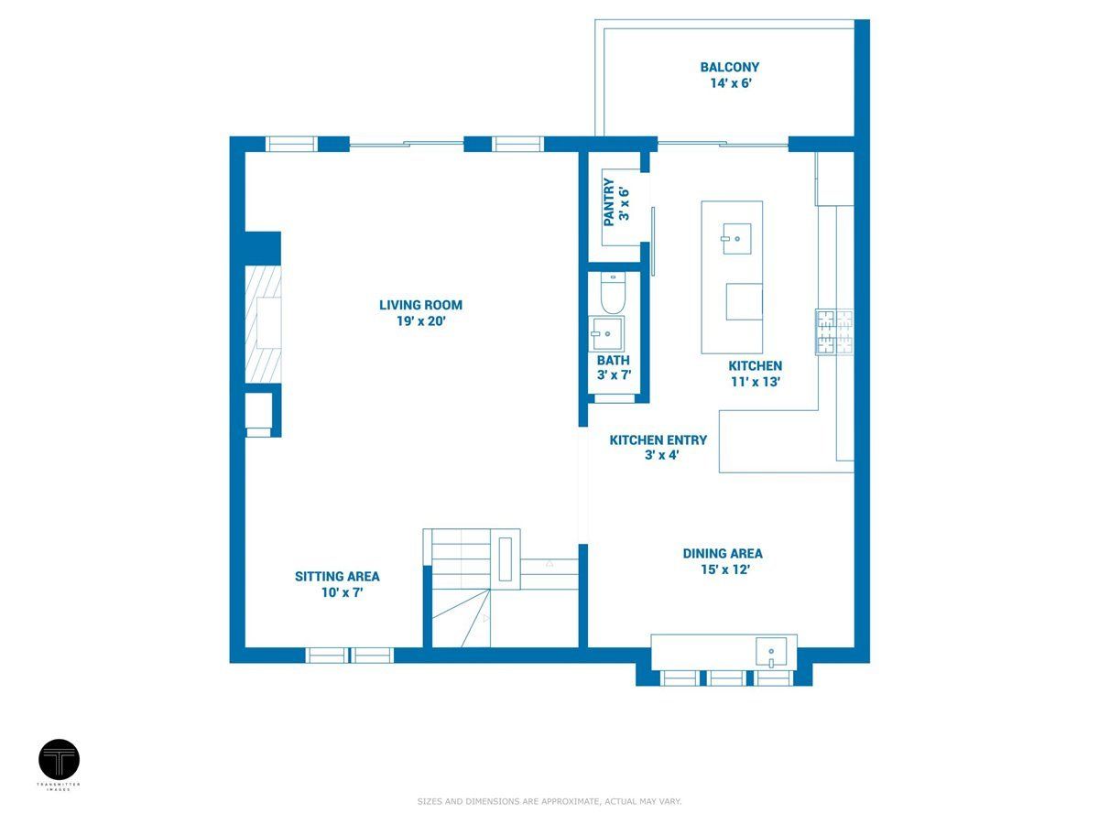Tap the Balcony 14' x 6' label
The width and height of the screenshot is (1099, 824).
pos(730,75)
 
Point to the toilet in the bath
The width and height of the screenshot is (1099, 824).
pos(614,294)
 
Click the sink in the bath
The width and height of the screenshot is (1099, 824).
pos(606,333)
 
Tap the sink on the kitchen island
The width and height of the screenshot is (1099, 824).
pos(736,239)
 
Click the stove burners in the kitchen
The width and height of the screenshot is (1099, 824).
pos(834,332)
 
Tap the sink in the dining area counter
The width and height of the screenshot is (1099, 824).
pos(771,653)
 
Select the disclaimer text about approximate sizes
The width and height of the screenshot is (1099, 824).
pos(549,801)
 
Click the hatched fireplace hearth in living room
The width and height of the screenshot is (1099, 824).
pos(263,323)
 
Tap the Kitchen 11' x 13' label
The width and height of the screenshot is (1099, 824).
pos(755,374)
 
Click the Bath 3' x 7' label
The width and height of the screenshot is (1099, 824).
pos(614,367)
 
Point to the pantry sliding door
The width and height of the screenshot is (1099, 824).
pos(653,241)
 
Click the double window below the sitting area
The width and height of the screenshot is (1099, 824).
pos(350,655)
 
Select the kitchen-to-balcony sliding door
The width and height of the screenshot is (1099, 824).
pos(723,144)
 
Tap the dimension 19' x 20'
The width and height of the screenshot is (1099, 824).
pos(421,321)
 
